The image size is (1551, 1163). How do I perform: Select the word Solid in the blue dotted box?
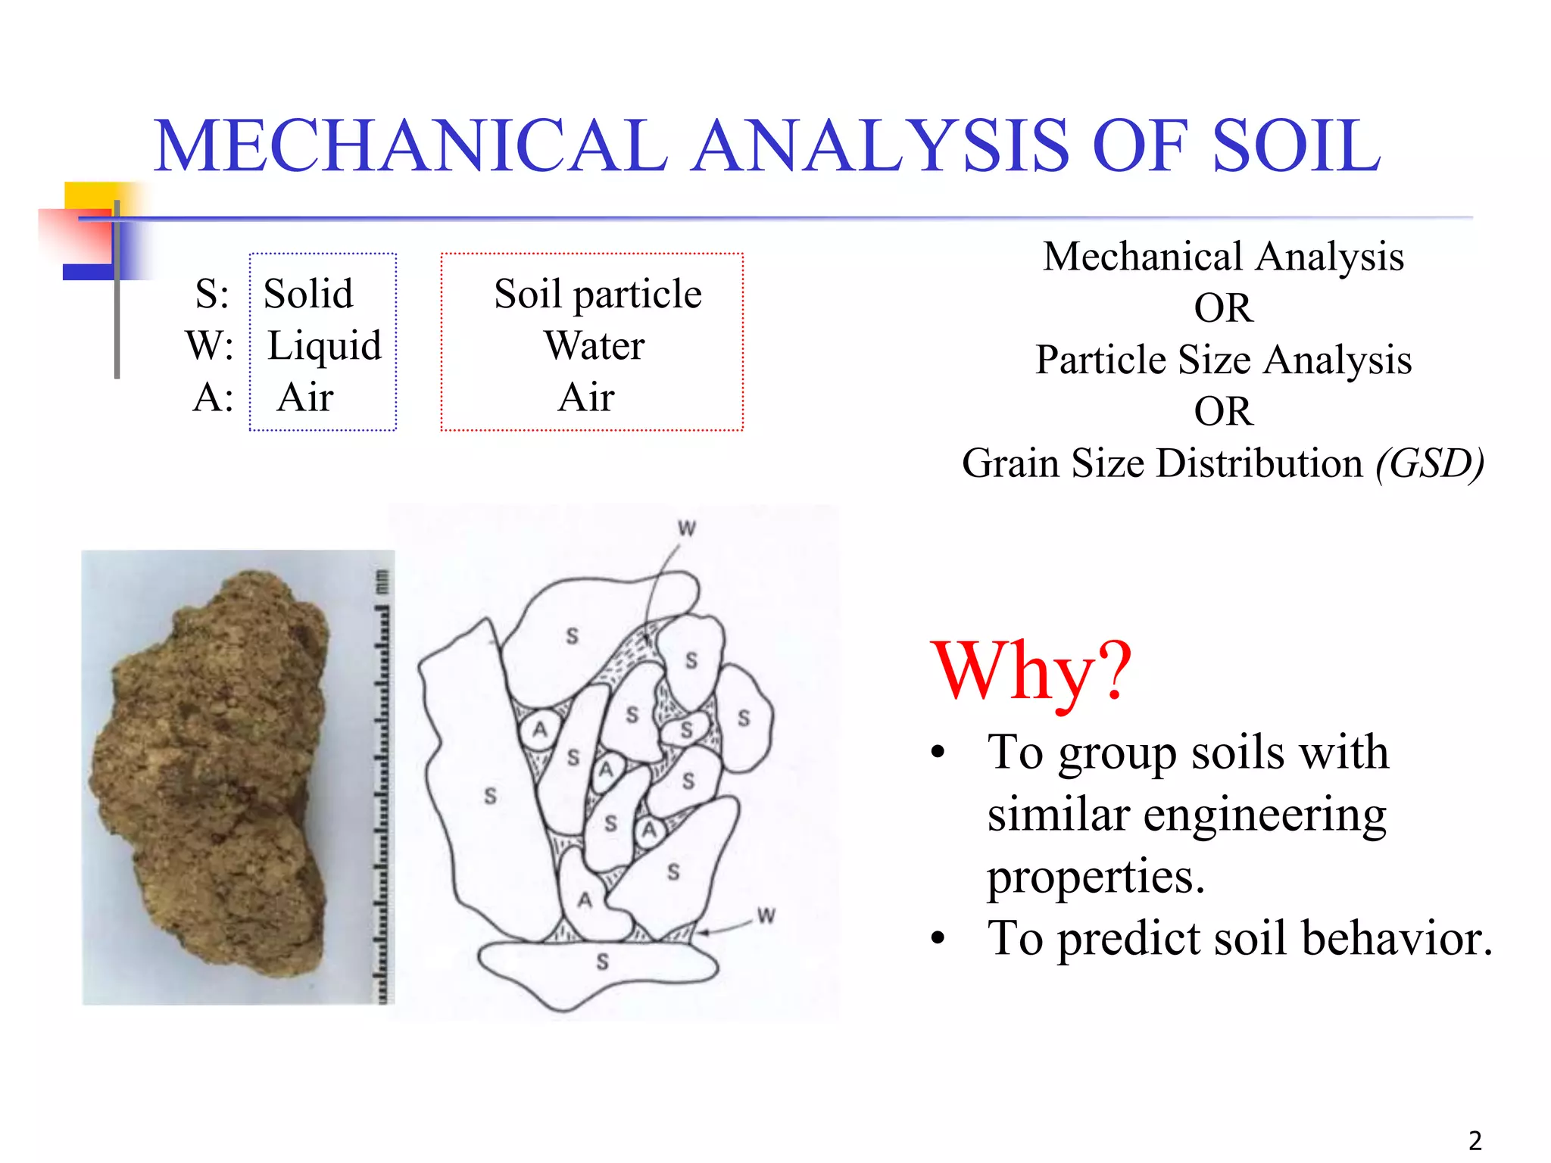point(308,294)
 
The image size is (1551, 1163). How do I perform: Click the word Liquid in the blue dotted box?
point(324,345)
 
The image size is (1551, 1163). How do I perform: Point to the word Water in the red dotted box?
point(594,345)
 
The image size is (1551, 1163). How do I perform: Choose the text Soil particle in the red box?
point(598,294)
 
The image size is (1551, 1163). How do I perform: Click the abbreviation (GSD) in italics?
point(1430,463)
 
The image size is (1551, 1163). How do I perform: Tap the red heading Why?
point(1031,671)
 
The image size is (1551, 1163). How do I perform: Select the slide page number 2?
point(1475,1140)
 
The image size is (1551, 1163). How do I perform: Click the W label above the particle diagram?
point(687,528)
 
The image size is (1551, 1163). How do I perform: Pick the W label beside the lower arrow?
point(766,915)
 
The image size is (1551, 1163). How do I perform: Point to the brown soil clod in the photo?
point(212,772)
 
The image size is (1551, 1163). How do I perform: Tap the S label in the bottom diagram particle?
point(602,962)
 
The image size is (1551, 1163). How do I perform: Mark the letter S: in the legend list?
point(212,294)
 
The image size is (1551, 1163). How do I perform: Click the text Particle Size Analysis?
point(1223,360)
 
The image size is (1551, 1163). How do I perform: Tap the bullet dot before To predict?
point(939,939)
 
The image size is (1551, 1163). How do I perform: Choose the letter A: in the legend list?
point(213,398)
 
